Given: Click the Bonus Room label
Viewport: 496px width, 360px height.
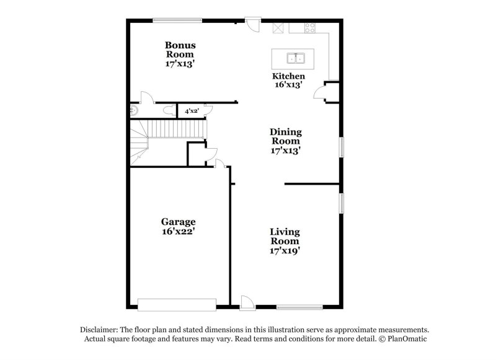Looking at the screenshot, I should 180,50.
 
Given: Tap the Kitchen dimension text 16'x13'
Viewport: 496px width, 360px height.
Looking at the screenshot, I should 288,86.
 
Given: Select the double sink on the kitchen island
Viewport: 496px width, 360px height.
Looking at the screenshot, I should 296,59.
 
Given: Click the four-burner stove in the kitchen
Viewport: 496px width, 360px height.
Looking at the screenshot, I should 309,27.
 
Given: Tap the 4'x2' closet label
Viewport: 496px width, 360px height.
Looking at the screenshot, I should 192,111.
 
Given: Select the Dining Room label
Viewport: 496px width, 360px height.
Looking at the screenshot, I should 286,136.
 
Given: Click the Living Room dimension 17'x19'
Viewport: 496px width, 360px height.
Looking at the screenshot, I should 285,251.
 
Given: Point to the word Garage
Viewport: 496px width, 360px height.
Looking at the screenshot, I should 179,221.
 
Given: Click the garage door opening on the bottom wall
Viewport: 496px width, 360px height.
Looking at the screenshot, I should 177,304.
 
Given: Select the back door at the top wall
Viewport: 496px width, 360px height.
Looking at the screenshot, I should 253,25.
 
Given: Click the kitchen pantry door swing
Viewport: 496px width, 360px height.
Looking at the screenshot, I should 321,93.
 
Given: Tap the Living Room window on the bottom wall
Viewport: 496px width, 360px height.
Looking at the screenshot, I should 299,306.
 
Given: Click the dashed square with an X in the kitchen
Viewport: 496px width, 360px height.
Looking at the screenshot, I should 278,28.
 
